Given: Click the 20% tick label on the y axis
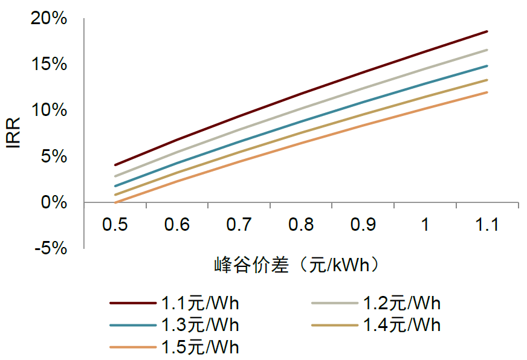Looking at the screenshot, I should click(49, 19).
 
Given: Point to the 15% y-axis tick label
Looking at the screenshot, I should click(49, 65).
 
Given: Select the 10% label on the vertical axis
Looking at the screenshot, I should click(49, 111).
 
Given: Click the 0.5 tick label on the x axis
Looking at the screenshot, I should click(115, 225).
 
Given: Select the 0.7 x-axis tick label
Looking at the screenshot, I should click(239, 225).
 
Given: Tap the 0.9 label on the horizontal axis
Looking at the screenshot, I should click(363, 225).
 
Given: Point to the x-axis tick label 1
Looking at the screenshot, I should click(425, 225).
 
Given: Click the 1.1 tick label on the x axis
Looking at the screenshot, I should click(487, 225).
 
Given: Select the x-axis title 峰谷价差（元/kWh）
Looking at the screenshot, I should click(300, 265).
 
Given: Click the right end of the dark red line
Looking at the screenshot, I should click(487, 31).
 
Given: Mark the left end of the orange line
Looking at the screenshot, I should click(115, 202).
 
